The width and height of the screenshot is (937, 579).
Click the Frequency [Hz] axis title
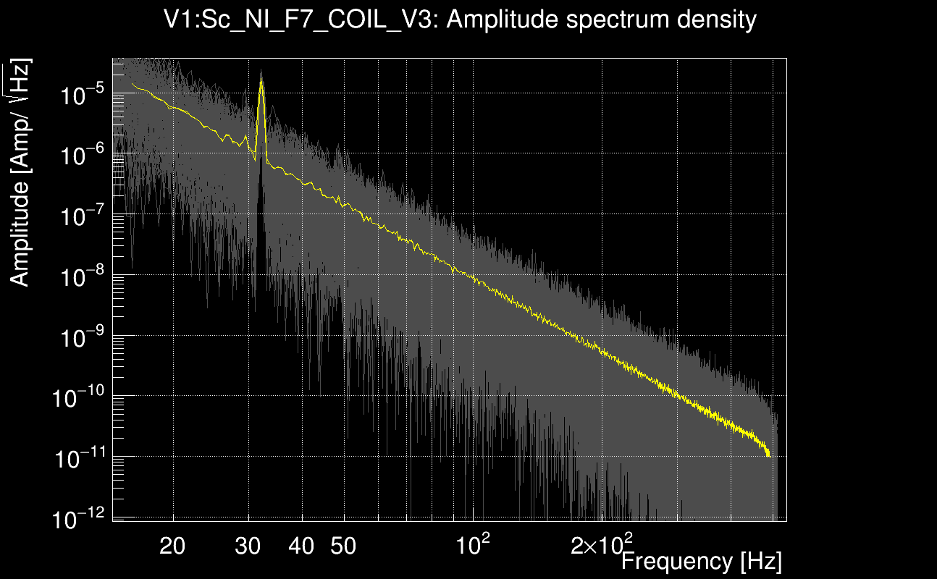[701, 561]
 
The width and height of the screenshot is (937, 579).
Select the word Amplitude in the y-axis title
[20, 233]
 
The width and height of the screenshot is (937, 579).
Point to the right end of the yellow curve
[768, 455]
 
